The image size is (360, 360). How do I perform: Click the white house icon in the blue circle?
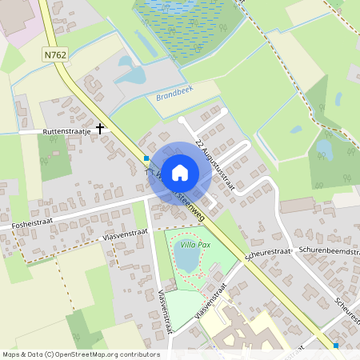point(180,172)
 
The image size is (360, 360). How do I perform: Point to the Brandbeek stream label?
point(174,92)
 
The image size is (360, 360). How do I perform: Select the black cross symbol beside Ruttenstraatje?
point(100,127)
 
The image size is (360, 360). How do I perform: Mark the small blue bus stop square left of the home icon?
point(146,158)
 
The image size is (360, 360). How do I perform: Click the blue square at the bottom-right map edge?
point(335,346)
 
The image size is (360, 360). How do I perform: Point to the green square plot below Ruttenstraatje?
point(54,157)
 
